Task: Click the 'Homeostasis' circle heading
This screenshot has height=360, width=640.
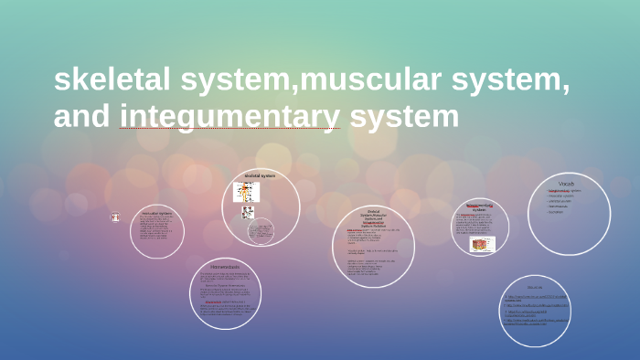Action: coord(225,267)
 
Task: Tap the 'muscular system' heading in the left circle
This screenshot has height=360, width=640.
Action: coord(156,213)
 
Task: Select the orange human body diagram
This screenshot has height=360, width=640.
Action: coord(246,192)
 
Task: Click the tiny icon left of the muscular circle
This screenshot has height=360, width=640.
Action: coord(115,217)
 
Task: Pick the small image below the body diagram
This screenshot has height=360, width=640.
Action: coord(247,212)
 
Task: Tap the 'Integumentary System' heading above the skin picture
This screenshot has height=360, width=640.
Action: coord(481,207)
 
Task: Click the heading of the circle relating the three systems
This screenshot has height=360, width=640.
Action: coord(372,218)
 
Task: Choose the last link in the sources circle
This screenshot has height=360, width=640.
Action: coord(535,323)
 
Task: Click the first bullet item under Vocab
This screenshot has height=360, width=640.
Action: coord(563,191)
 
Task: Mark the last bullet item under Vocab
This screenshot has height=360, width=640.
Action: coord(559,212)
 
